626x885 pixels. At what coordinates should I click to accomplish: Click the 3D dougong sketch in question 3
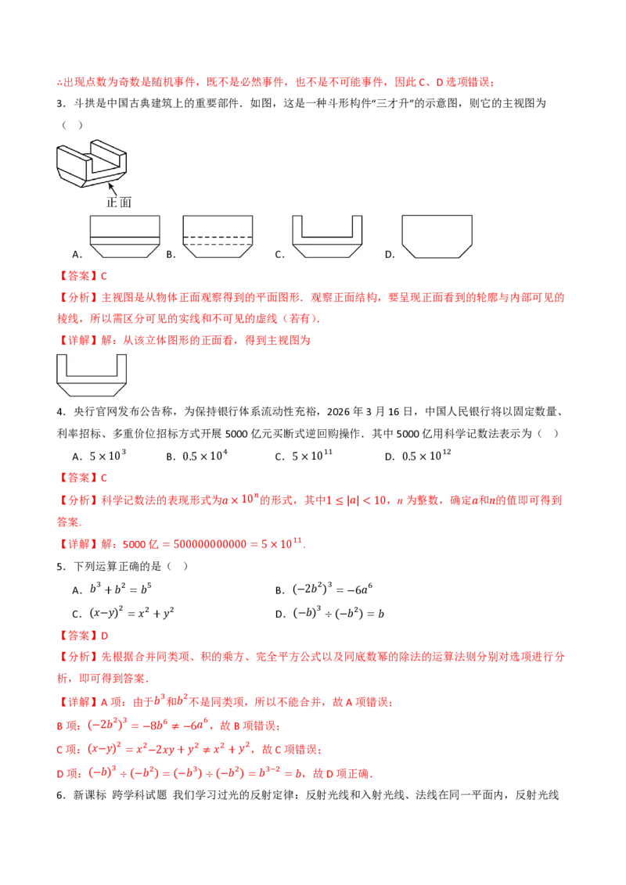[x=92, y=163]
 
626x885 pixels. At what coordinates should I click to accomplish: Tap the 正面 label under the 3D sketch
[x=119, y=202]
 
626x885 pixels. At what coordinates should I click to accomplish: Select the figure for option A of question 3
[x=125, y=236]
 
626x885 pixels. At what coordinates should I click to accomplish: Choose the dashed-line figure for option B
[x=218, y=236]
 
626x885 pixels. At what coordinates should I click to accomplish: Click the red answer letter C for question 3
[x=104, y=276]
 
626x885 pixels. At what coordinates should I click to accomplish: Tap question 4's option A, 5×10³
[x=107, y=456]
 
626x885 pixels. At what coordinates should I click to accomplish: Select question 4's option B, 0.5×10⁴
[x=205, y=456]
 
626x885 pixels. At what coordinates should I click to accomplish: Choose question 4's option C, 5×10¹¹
[x=312, y=456]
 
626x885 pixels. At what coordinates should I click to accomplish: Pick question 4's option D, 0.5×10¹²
[x=426, y=456]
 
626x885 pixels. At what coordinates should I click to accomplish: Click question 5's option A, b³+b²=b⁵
[x=121, y=589]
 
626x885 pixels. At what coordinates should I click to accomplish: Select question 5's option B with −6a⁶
[x=333, y=589]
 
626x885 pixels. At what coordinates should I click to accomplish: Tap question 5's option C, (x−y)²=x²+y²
[x=131, y=613]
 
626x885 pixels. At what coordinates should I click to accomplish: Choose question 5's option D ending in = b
[x=338, y=613]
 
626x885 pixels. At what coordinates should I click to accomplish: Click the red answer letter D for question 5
[x=105, y=636]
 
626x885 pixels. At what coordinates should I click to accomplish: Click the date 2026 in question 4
[x=338, y=412]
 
